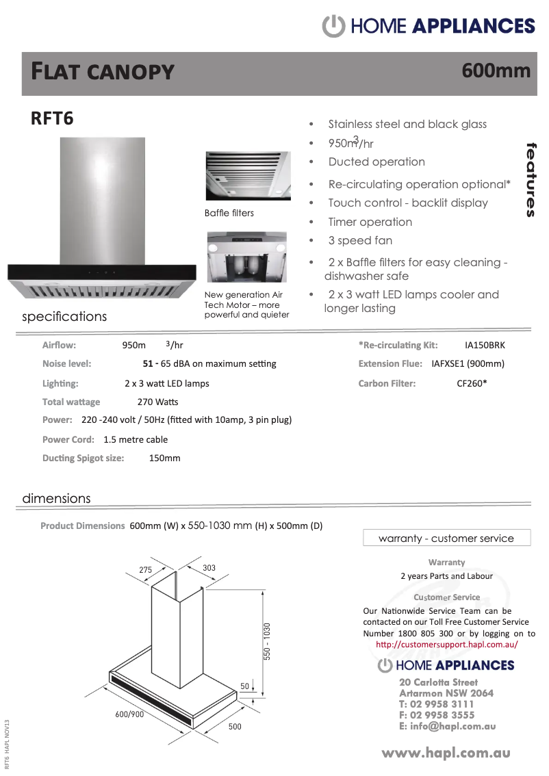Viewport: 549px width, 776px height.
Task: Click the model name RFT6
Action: pyautogui.click(x=52, y=119)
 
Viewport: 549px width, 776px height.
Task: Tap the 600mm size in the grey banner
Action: pyautogui.click(x=496, y=70)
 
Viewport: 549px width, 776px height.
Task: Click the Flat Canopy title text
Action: pyautogui.click(x=103, y=71)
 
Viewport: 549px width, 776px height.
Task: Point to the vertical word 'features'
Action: pyautogui.click(x=531, y=180)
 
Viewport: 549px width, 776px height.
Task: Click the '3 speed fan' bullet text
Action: pyautogui.click(x=360, y=241)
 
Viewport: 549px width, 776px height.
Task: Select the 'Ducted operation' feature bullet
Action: pyautogui.click(x=376, y=162)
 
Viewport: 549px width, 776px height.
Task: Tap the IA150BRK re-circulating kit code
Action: pyautogui.click(x=485, y=345)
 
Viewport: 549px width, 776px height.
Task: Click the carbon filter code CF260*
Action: pyautogui.click(x=472, y=383)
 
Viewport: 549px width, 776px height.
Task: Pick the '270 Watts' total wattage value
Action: pyautogui.click(x=157, y=402)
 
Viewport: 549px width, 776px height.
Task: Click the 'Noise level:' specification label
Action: pyautogui.click(x=66, y=363)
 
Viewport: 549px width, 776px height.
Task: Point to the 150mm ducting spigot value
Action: pyautogui.click(x=164, y=458)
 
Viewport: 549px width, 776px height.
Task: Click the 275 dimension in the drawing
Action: pyautogui.click(x=146, y=569)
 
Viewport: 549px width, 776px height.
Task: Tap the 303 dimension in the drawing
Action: pyautogui.click(x=209, y=568)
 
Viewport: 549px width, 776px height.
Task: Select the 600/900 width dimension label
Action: pyautogui.click(x=129, y=714)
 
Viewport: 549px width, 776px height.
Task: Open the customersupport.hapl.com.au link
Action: pyautogui.click(x=446, y=645)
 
